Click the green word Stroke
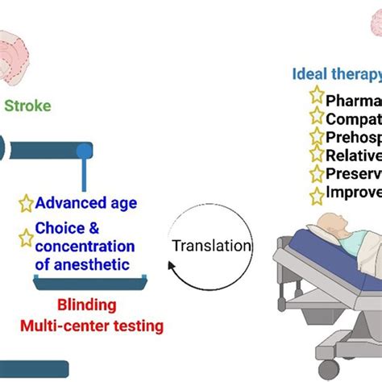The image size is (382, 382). (x=29, y=105)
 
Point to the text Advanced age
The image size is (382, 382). (x=85, y=202)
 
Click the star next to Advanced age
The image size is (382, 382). (x=25, y=202)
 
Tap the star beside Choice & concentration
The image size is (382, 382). (x=25, y=237)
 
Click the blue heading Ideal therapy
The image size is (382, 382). (x=335, y=75)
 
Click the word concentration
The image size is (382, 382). (x=85, y=247)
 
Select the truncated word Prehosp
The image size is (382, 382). (x=353, y=136)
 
